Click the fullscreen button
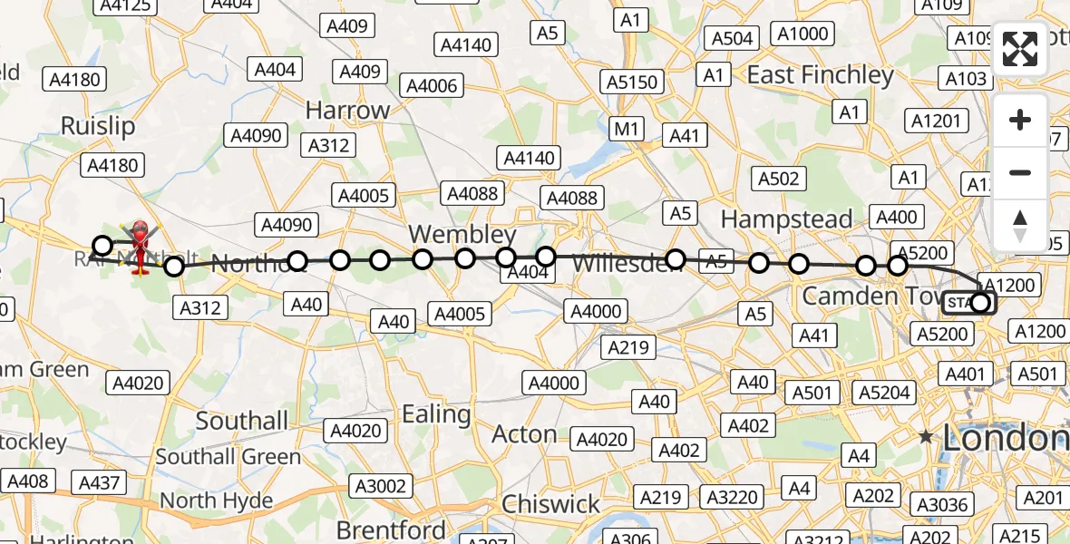tap(1020, 50)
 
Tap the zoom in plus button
tap(1020, 120)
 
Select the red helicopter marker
tap(141, 246)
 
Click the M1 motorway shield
tap(627, 129)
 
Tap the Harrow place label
tap(347, 111)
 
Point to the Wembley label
tap(462, 233)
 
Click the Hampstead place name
tap(786, 219)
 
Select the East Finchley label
tap(821, 74)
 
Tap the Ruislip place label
tap(98, 125)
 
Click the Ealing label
tap(436, 414)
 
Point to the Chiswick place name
tap(550, 504)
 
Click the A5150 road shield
tap(632, 83)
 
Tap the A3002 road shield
tap(381, 486)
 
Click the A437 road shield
tap(100, 483)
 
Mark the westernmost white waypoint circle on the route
tap(102, 246)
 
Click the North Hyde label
tap(217, 500)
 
